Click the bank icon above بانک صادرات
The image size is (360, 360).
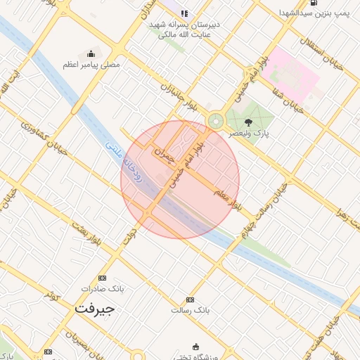(x=103, y=278)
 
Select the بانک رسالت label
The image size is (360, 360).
(x=191, y=309)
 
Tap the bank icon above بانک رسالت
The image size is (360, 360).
(x=188, y=299)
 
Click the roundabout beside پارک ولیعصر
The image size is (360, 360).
(x=215, y=122)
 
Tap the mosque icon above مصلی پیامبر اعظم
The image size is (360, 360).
(x=91, y=54)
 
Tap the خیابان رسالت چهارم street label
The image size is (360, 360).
(x=262, y=208)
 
